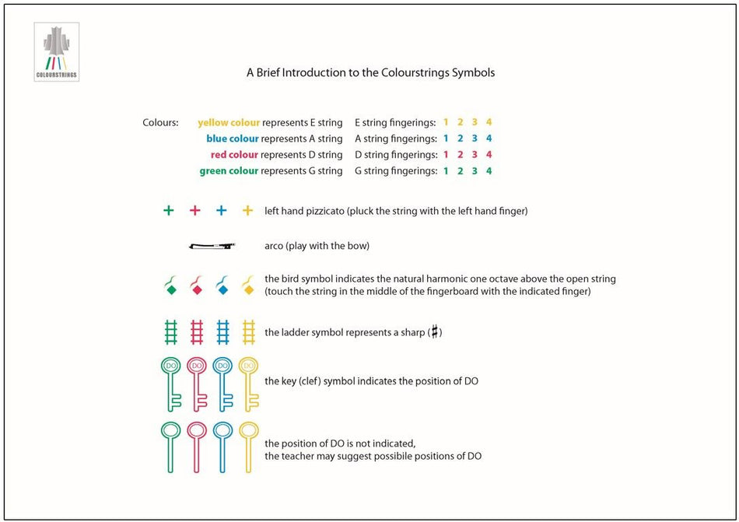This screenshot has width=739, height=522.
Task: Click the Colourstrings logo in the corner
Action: tap(57, 52)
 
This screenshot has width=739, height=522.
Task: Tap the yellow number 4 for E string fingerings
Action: tap(489, 122)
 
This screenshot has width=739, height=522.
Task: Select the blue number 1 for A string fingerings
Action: tap(447, 138)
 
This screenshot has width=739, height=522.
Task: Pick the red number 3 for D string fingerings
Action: tap(475, 155)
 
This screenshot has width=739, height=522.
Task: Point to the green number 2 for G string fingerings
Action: tap(461, 171)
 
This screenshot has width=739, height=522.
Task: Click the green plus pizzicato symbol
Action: tap(169, 210)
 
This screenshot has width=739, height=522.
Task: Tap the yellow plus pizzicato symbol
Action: tap(247, 210)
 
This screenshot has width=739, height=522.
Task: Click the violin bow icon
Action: tap(212, 246)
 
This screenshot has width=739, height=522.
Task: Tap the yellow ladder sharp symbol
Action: tap(248, 332)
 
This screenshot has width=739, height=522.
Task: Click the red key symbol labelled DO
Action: tap(197, 381)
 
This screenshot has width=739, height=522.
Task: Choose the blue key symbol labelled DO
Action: tap(222, 381)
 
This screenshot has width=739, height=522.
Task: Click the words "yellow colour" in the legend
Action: tap(229, 122)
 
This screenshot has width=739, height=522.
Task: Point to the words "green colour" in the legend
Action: tap(229, 171)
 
